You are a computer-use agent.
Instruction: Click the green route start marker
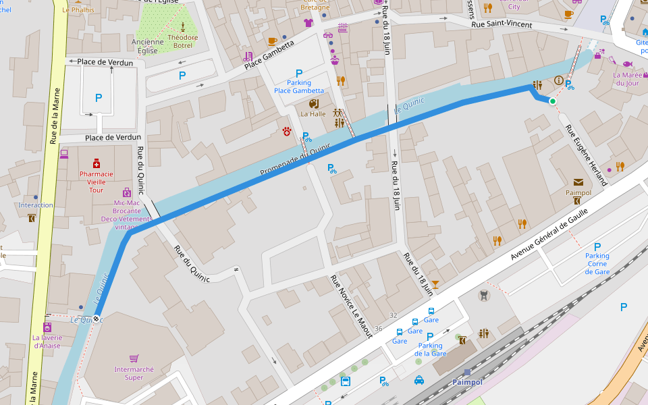pyautogui.click(x=553, y=101)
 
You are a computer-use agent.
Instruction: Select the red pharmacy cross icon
pyautogui.click(x=96, y=164)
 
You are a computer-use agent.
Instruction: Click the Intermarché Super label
pyautogui.click(x=134, y=373)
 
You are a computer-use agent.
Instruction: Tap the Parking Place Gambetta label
pyautogui.click(x=299, y=86)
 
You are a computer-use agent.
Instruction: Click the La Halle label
pyautogui.click(x=313, y=114)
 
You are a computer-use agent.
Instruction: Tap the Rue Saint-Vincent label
pyautogui.click(x=502, y=25)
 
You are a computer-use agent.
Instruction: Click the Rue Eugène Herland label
pyautogui.click(x=586, y=155)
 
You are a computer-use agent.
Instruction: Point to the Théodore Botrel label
pyautogui.click(x=183, y=42)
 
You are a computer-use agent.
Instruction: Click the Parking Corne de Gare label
pyautogui.click(x=597, y=263)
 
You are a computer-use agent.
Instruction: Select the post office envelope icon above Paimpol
pyautogui.click(x=578, y=182)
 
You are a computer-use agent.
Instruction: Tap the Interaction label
pyautogui.click(x=36, y=205)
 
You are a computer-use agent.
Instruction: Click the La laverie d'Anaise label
pyautogui.click(x=46, y=342)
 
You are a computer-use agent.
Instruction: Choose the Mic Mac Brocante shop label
pyautogui.click(x=126, y=210)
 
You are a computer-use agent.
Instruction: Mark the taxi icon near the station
pyautogui.click(x=418, y=380)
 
